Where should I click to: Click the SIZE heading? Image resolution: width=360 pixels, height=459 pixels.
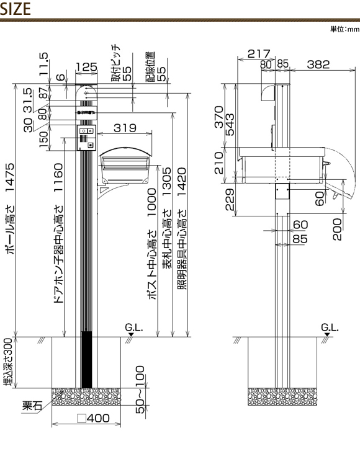click(x=16, y=9)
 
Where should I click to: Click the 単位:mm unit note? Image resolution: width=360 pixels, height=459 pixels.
click(x=344, y=29)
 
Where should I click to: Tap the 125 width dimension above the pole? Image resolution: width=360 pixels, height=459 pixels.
click(x=86, y=67)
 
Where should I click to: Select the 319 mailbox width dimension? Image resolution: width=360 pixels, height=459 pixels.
click(x=125, y=128)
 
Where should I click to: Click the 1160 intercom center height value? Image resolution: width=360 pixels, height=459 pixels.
click(x=58, y=177)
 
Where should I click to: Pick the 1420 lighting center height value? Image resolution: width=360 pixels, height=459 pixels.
click(x=182, y=182)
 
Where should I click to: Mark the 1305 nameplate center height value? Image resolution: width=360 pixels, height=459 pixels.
click(x=167, y=182)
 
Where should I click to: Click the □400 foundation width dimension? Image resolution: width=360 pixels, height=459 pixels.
click(x=94, y=418)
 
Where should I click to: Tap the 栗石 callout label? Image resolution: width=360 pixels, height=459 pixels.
click(x=32, y=406)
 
